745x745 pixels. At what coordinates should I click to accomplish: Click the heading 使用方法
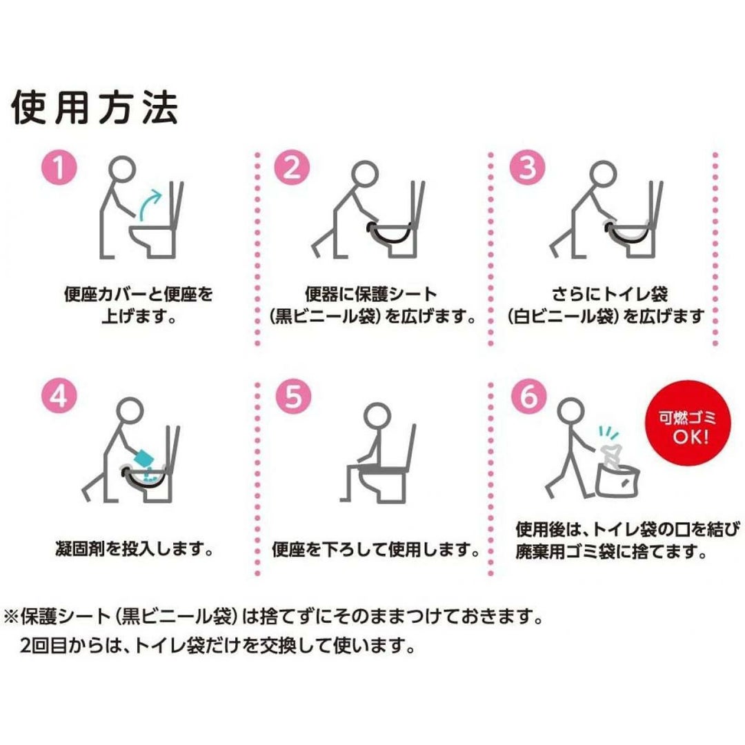pyautogui.click(x=95, y=107)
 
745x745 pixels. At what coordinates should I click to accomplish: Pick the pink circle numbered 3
pyautogui.click(x=528, y=167)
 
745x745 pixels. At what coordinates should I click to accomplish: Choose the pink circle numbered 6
pyautogui.click(x=529, y=396)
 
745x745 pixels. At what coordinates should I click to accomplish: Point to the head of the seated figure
pyautogui.click(x=377, y=415)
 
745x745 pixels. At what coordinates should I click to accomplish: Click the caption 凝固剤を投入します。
pyautogui.click(x=134, y=549)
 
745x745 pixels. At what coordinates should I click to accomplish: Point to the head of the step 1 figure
pyautogui.click(x=122, y=169)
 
